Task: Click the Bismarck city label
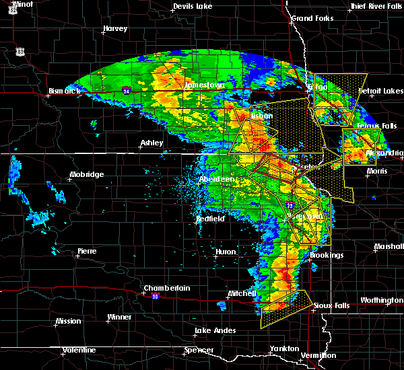coord(63,91)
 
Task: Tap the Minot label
coord(22,4)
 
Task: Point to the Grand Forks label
coord(311,18)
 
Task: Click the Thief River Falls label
coord(376,7)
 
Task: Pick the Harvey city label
coord(115,29)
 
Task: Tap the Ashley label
coord(152,143)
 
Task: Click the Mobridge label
coord(86,175)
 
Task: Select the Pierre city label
coord(87,251)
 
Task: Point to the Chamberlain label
coord(166,289)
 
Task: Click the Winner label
coord(119,317)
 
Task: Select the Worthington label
coord(381,300)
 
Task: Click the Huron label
coord(225,252)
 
